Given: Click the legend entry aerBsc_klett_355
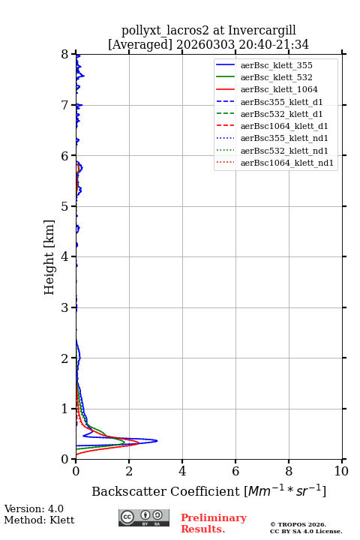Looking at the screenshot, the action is pyautogui.click(x=276, y=65).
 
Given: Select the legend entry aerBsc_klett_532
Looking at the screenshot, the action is pyautogui.click(x=276, y=77).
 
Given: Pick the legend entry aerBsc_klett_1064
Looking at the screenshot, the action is pyautogui.click(x=279, y=89).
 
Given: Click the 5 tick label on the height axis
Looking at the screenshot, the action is pyautogui.click(x=65, y=206).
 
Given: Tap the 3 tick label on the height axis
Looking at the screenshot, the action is pyautogui.click(x=65, y=307).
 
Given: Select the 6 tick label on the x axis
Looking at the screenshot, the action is pyautogui.click(x=235, y=471).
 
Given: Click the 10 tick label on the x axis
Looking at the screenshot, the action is pyautogui.click(x=341, y=471).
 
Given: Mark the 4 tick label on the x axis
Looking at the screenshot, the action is pyautogui.click(x=182, y=471).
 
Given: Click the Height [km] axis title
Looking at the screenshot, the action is pyautogui.click(x=49, y=257).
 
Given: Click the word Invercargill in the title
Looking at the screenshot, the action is pyautogui.click(x=262, y=30).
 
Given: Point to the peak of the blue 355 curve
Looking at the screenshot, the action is pyautogui.click(x=157, y=440).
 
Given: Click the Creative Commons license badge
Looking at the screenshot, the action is pyautogui.click(x=144, y=517).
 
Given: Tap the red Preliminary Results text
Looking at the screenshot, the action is pyautogui.click(x=214, y=523).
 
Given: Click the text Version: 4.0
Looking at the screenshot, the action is pyautogui.click(x=34, y=508).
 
